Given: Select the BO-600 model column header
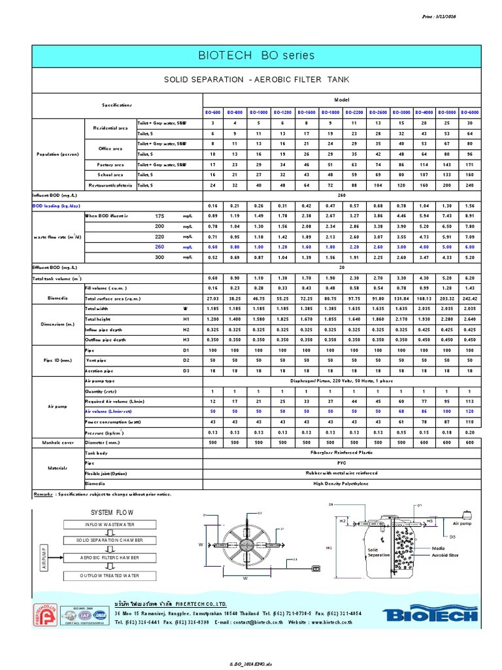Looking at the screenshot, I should [x=212, y=112].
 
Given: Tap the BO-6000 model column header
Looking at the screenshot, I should [x=469, y=112].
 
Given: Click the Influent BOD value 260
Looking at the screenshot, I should [x=341, y=195].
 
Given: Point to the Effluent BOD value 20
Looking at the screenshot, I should [x=341, y=268].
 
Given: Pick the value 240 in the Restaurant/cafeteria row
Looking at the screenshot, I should [x=469, y=186].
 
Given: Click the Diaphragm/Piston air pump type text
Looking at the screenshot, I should [x=341, y=380].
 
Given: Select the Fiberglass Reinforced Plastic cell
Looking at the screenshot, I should [x=341, y=452].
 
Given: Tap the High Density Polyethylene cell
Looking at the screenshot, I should [x=341, y=484].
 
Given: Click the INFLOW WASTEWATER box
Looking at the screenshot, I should [x=109, y=525].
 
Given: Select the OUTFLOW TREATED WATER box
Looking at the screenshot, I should [x=109, y=575].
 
